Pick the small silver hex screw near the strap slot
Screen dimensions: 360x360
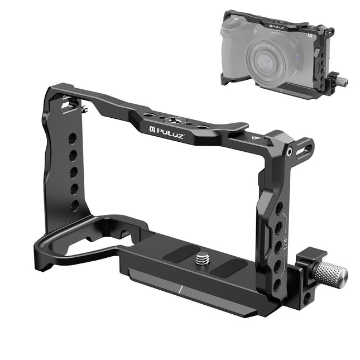[x=290, y=152]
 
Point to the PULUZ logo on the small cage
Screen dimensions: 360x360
[x=277, y=25]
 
